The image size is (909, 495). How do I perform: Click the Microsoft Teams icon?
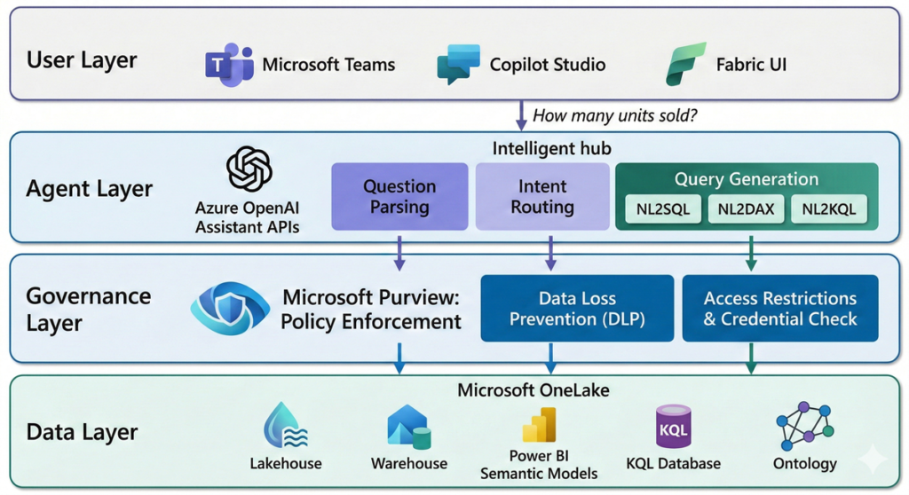[x=229, y=64]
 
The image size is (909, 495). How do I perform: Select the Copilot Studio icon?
[x=459, y=65]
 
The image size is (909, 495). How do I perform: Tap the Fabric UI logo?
[x=685, y=64]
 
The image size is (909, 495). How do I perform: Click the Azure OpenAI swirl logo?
[x=249, y=169]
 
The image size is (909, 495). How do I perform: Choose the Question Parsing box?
[x=399, y=197]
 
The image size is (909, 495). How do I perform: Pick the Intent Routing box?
[x=542, y=197]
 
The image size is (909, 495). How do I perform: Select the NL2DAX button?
[x=745, y=209]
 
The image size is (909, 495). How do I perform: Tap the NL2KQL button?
[x=828, y=209]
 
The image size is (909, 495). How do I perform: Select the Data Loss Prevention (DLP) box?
[x=577, y=309]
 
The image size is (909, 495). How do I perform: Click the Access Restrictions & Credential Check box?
[x=779, y=309]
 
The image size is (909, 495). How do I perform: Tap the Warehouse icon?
[x=408, y=426]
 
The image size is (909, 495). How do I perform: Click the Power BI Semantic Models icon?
[x=539, y=426]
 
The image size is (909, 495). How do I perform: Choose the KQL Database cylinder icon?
[x=673, y=426]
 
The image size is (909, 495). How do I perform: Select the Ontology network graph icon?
[x=804, y=425]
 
